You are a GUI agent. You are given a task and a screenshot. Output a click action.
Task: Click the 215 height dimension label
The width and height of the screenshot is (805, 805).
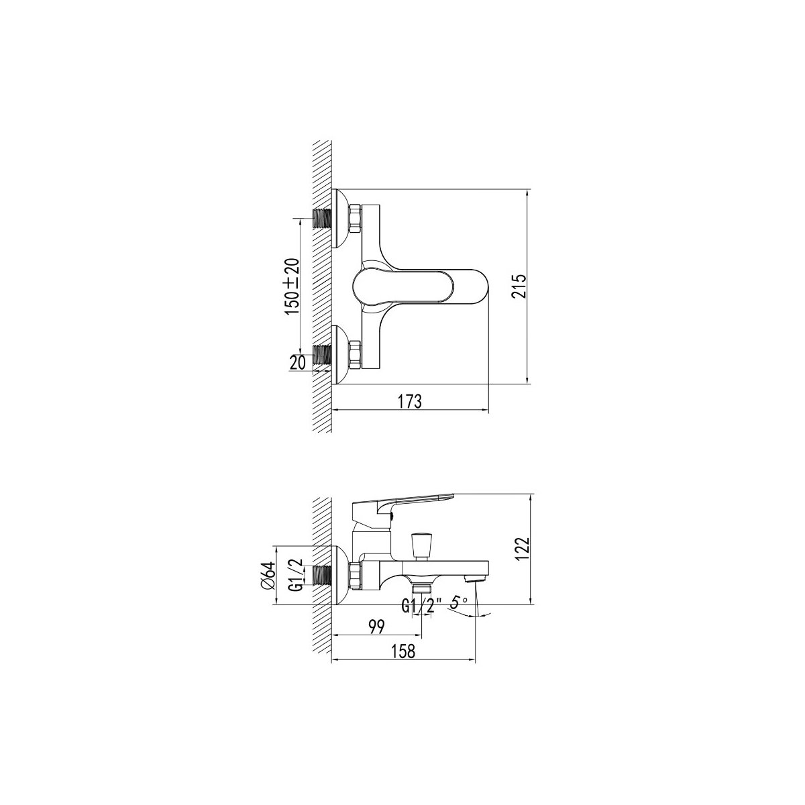pos(518,286)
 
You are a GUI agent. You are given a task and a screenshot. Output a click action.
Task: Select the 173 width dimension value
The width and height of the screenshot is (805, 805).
pos(409,401)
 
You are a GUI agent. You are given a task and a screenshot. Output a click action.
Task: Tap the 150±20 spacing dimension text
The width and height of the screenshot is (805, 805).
pos(292,286)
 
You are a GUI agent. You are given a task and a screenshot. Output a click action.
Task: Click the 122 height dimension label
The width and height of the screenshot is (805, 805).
pos(523,549)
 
